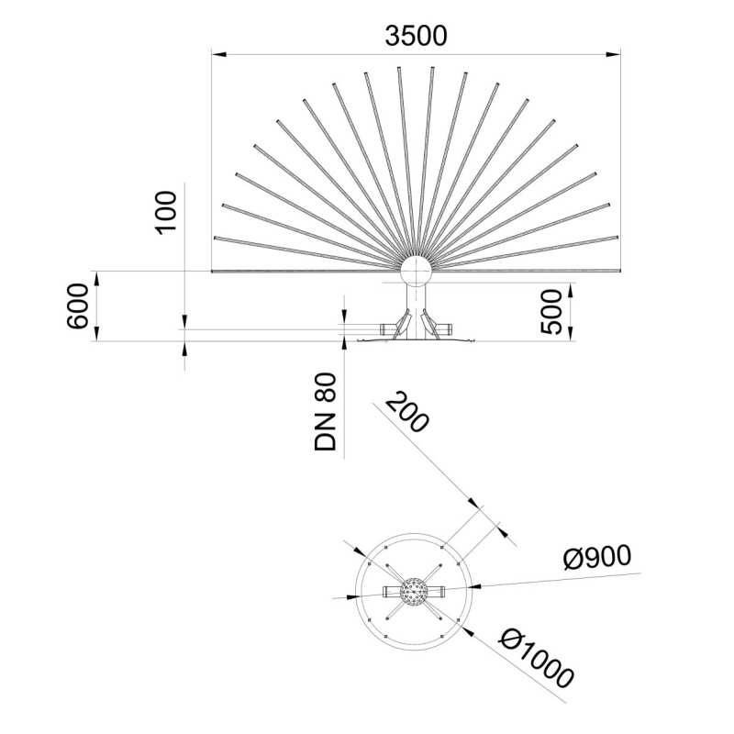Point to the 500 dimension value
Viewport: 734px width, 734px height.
[550, 313]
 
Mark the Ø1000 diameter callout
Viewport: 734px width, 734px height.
[538, 656]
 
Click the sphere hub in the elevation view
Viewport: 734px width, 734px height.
[416, 272]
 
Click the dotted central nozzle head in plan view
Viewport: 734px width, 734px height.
[414, 590]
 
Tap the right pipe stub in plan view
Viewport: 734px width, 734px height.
[436, 590]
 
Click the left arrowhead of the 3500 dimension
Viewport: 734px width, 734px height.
[217, 54]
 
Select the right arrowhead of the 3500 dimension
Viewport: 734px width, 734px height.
[616, 54]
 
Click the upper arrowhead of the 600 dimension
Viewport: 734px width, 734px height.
[96, 276]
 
